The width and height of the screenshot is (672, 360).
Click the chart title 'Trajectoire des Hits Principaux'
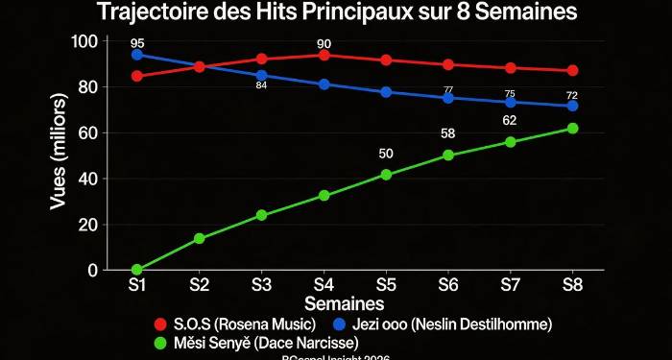336,13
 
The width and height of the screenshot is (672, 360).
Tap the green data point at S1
137,270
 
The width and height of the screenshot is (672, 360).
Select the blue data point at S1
137,55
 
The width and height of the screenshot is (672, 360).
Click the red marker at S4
324,55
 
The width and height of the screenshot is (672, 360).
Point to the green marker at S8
572,129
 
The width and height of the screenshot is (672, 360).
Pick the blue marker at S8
572,106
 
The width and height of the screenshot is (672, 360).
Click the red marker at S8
572,70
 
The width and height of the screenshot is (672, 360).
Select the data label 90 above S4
324,42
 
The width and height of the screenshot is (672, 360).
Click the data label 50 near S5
386,154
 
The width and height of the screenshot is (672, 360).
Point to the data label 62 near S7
510,121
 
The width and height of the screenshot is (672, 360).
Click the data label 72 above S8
572,95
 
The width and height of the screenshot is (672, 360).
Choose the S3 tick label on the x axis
261,286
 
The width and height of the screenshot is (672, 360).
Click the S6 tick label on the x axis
447,286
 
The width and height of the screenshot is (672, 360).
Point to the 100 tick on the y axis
84,41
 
